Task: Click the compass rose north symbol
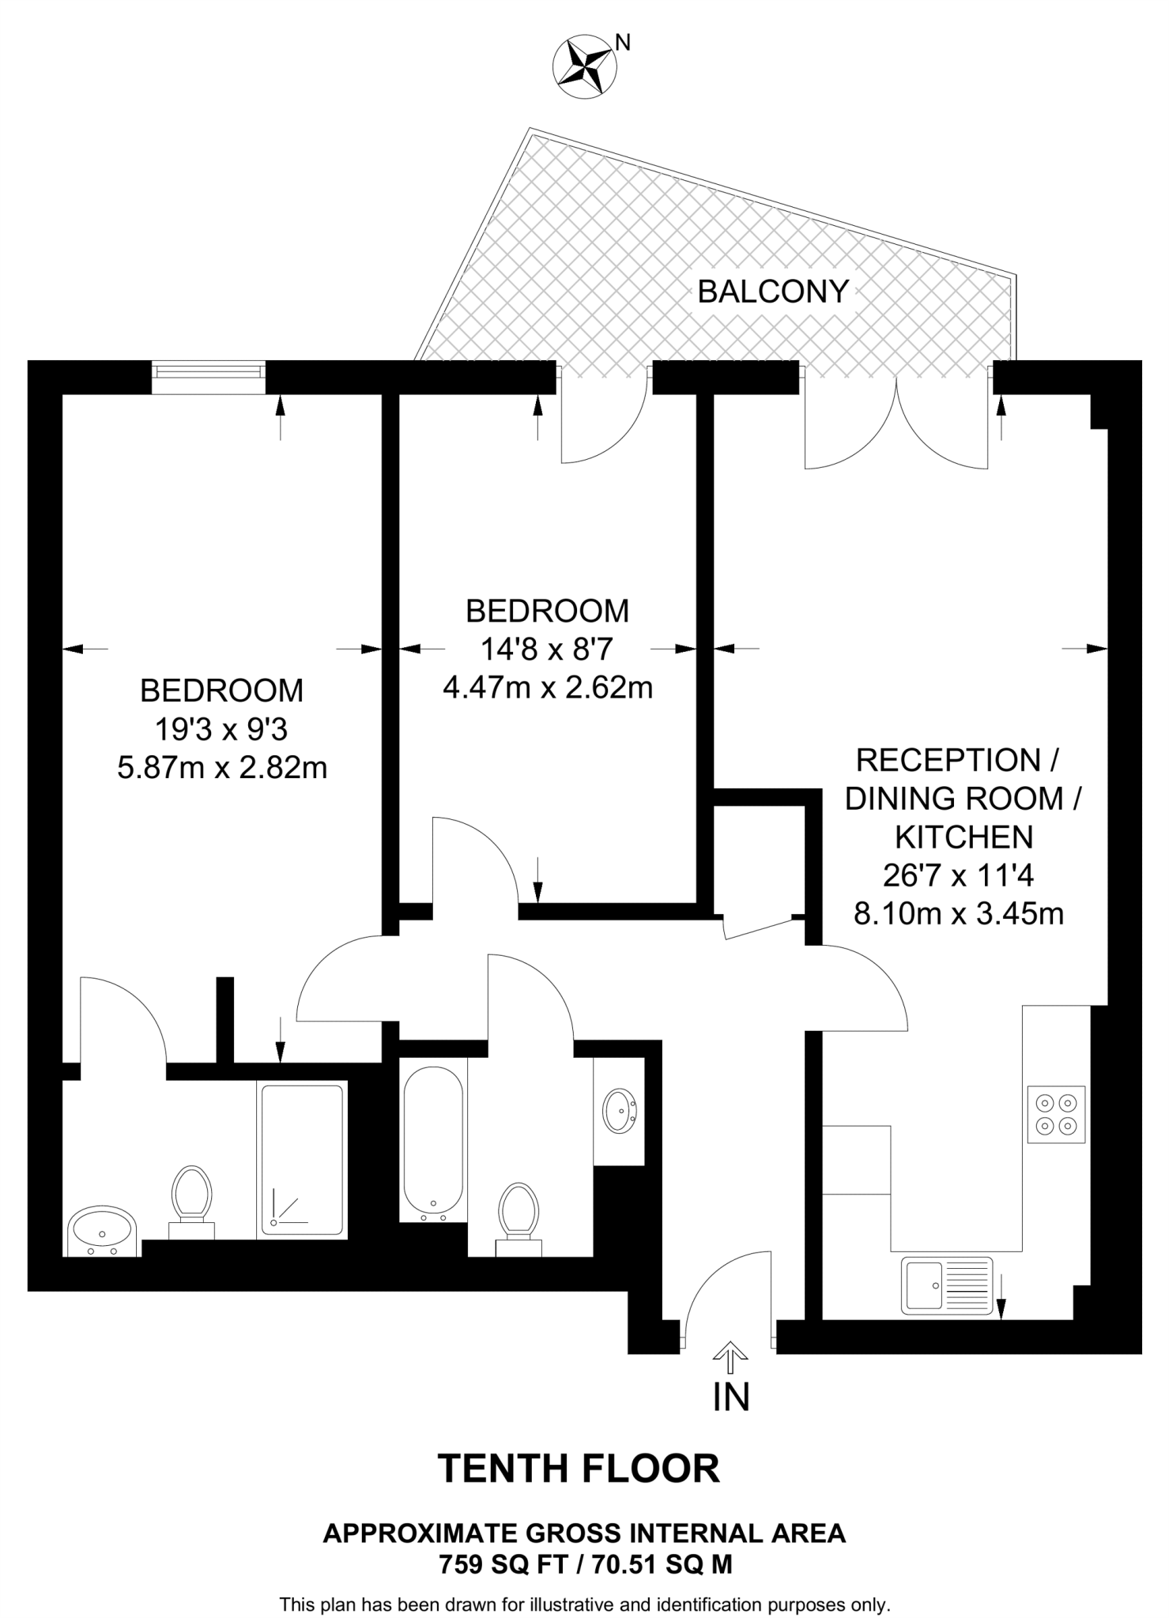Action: (x=586, y=67)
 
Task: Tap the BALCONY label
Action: (x=772, y=292)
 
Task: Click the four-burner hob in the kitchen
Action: (x=1056, y=1114)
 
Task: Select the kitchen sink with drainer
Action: (x=946, y=1285)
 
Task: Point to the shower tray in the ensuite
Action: (x=303, y=1159)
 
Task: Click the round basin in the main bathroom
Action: (x=619, y=1111)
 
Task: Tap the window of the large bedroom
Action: (x=209, y=376)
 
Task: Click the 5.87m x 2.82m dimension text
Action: (x=222, y=767)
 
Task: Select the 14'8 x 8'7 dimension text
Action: (x=547, y=649)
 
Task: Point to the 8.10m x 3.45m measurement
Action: (x=958, y=914)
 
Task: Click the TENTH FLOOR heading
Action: (x=579, y=1468)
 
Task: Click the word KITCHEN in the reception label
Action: (x=963, y=837)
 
